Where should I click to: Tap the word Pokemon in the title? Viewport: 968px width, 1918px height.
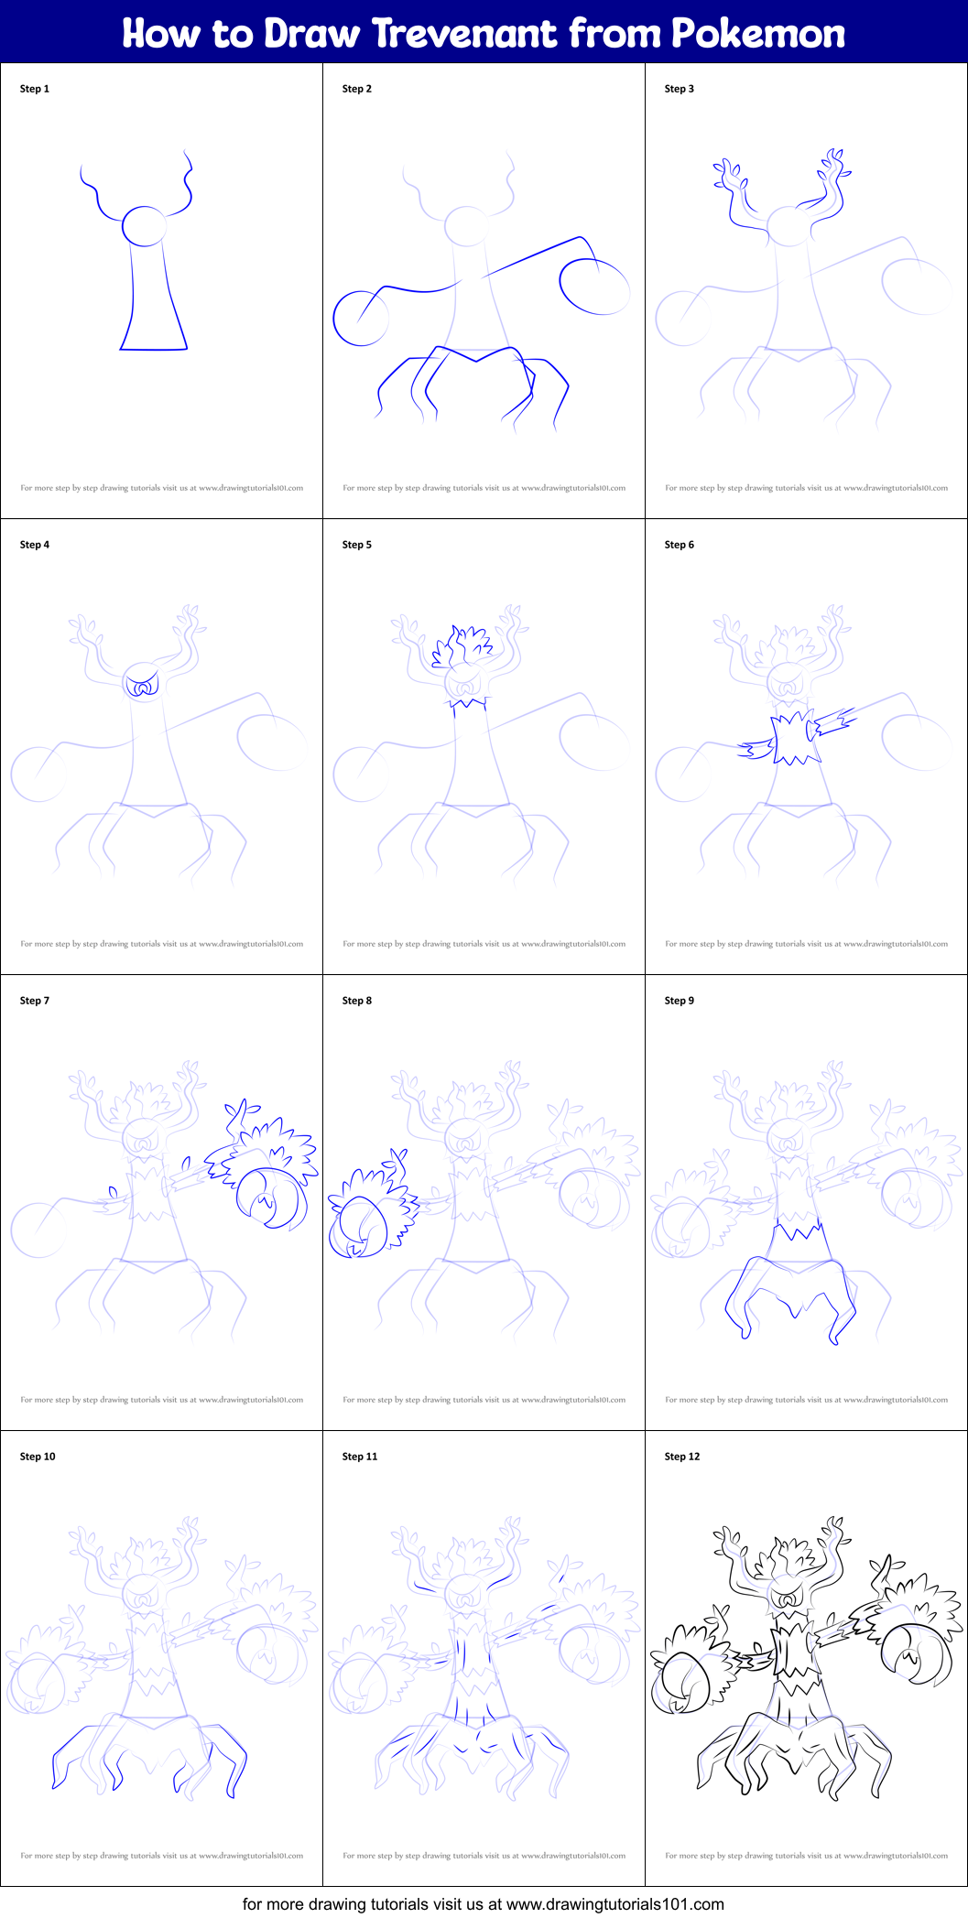coord(758,34)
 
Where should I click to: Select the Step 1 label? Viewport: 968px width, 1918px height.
coord(35,89)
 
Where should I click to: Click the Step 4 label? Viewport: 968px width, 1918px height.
coord(35,545)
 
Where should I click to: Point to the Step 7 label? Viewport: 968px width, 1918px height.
coord(35,1001)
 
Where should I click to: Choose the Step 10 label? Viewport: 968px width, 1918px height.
coord(38,1457)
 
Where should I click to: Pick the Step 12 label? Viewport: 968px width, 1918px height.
coord(682,1457)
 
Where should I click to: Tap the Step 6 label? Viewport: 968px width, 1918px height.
coord(680,545)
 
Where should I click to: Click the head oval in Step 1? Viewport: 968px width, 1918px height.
coord(145,226)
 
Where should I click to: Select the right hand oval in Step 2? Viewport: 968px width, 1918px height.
coord(594,287)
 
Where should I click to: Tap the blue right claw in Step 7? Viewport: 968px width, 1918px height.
coord(268,1197)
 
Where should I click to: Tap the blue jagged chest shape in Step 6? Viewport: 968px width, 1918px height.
coord(795,737)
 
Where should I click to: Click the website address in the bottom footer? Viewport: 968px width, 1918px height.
coord(615,1904)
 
